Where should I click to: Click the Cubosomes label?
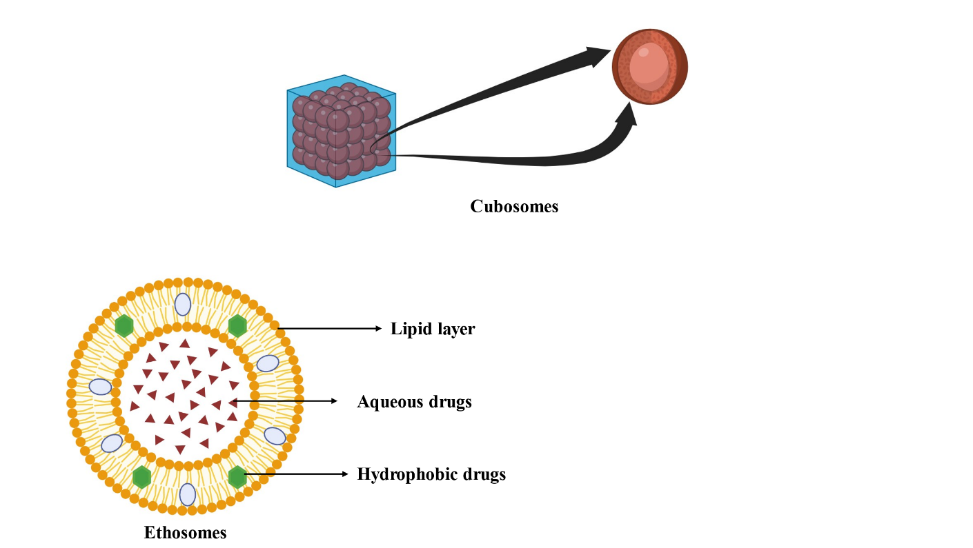[x=514, y=206]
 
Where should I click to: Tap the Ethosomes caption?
[x=185, y=532]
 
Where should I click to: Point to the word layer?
[x=455, y=329]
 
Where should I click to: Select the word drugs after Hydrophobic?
[x=482, y=474]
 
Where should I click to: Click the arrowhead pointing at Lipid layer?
[x=377, y=329]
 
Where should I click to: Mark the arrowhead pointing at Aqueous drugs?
[x=334, y=401]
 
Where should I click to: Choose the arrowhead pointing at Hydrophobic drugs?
[x=345, y=474]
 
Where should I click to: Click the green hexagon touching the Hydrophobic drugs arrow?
[x=237, y=476]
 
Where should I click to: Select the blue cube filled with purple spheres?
[x=341, y=131]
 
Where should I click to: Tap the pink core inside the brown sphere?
[x=649, y=66]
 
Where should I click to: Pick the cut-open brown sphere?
[x=650, y=67]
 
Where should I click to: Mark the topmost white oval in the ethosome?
[x=183, y=304]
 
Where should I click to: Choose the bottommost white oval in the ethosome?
[x=188, y=494]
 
